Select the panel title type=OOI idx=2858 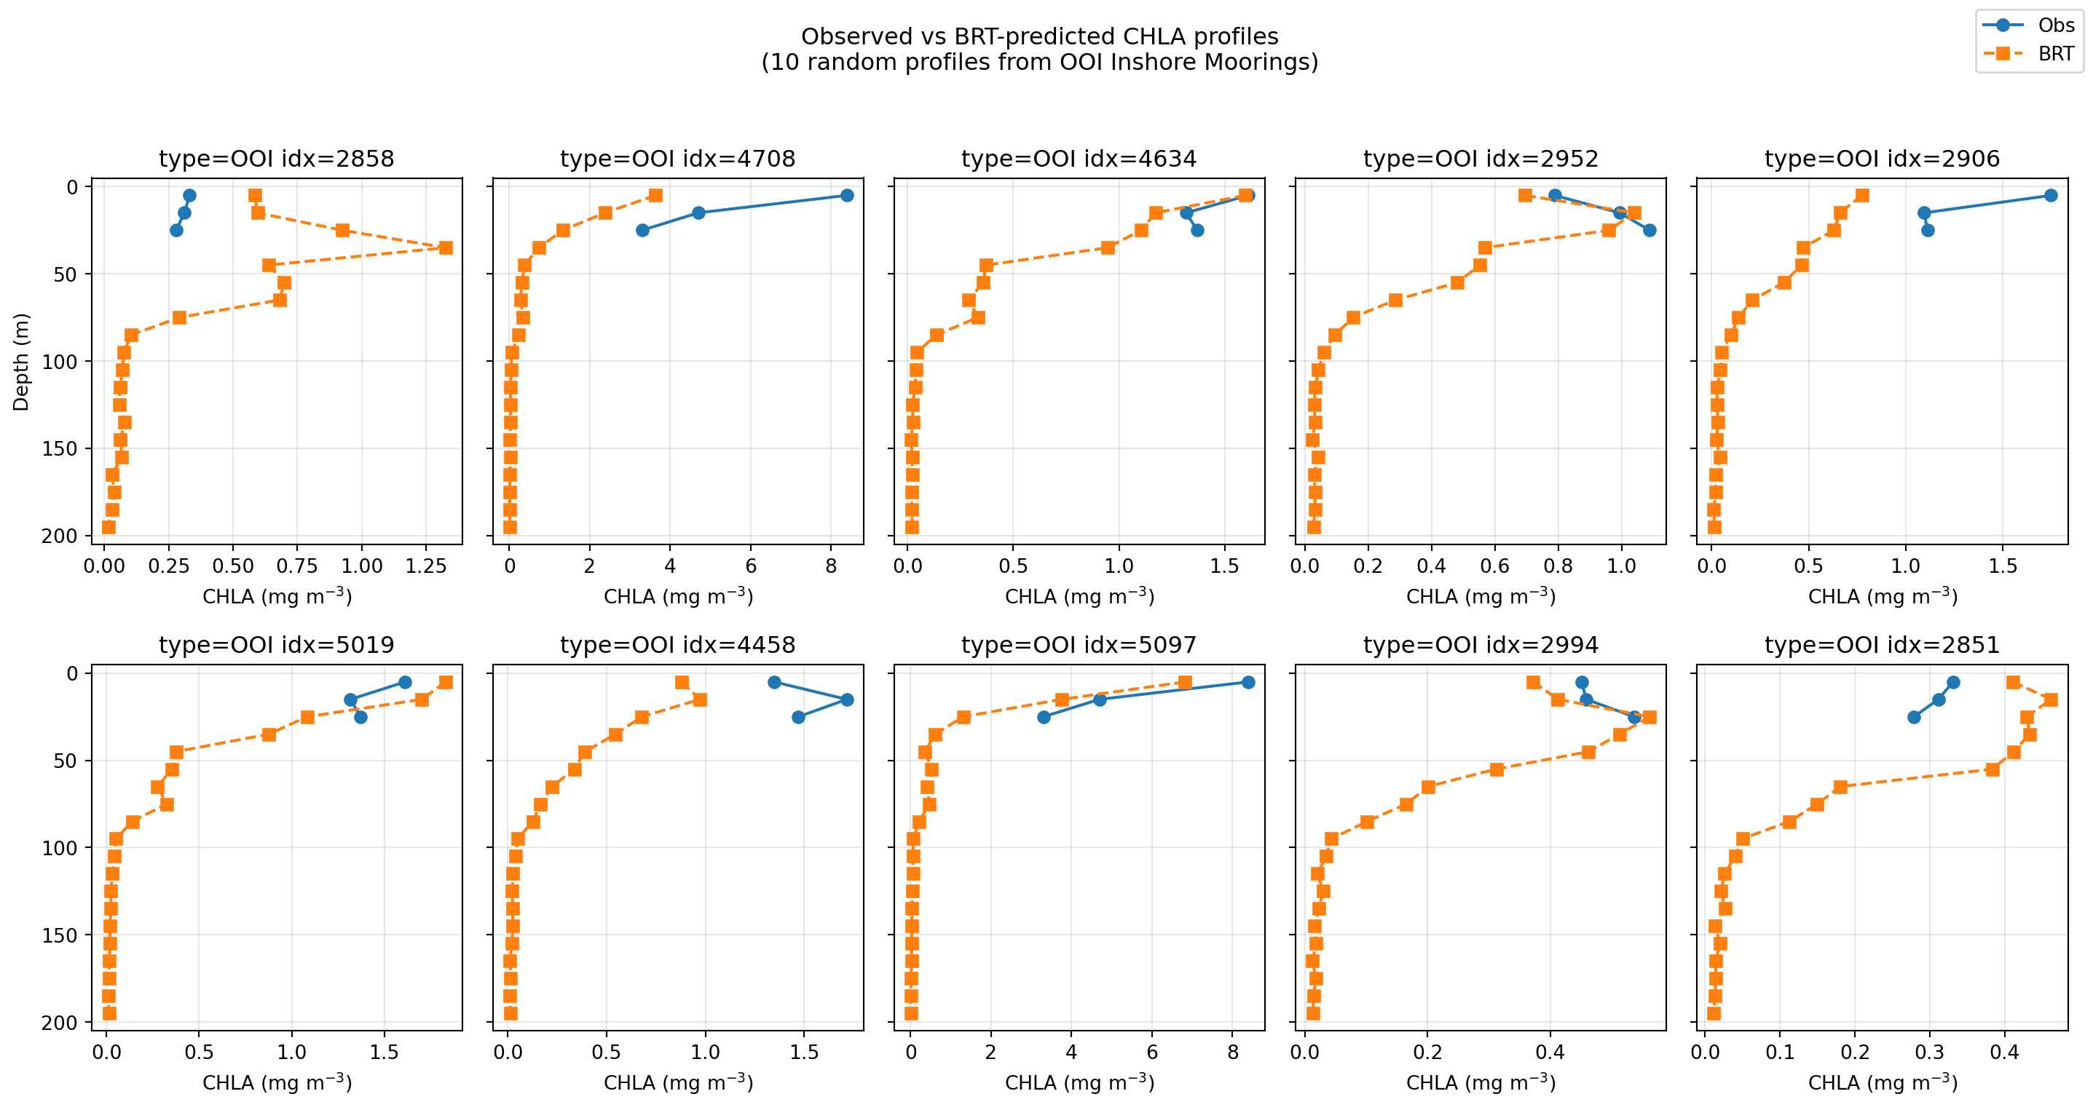pos(276,159)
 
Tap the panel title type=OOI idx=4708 pos(677,159)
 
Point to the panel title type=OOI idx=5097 pos(1079,645)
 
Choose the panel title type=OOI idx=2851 pos(1882,645)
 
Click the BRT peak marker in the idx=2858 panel pos(445,247)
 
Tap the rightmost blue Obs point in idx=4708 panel pos(847,196)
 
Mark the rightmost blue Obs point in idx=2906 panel pos(2051,196)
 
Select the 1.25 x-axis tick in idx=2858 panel pos(426,566)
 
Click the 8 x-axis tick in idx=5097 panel pos(1232,1052)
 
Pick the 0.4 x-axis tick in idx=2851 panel pos(2004,1052)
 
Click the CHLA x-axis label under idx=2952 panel pos(1481,597)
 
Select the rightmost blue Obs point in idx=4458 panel pos(847,700)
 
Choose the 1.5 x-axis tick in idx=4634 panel pos(1224,566)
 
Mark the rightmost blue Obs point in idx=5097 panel pos(1248,682)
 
